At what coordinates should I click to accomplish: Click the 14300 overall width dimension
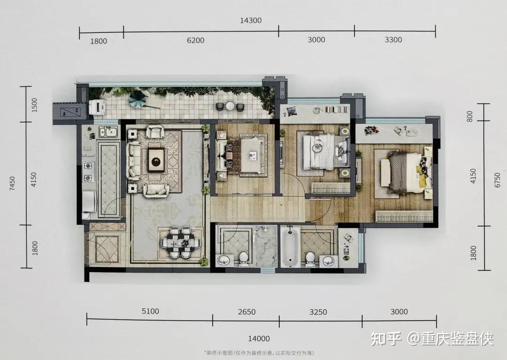pos(251,20)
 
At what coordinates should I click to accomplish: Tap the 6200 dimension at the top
pos(196,40)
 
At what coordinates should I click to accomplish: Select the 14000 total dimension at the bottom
pos(259,339)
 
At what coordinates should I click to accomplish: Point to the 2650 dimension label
pos(247,312)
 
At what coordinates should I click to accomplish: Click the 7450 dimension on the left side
pos(12,184)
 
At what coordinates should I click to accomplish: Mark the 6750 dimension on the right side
pos(497,180)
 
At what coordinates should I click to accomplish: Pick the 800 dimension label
pos(470,116)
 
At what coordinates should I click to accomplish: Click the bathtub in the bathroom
pos(290,247)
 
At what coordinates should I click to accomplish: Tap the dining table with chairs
pos(180,242)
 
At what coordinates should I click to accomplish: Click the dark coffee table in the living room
pos(156,160)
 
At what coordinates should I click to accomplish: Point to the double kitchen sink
pos(108,131)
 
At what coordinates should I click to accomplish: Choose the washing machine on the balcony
pos(96,107)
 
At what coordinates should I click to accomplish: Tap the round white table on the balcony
pos(230,106)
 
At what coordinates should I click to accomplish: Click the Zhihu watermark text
pos(432,338)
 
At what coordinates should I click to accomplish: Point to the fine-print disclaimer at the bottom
pos(259,353)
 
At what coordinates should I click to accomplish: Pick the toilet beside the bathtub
pos(310,259)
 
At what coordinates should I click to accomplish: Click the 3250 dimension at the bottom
pos(318,312)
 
